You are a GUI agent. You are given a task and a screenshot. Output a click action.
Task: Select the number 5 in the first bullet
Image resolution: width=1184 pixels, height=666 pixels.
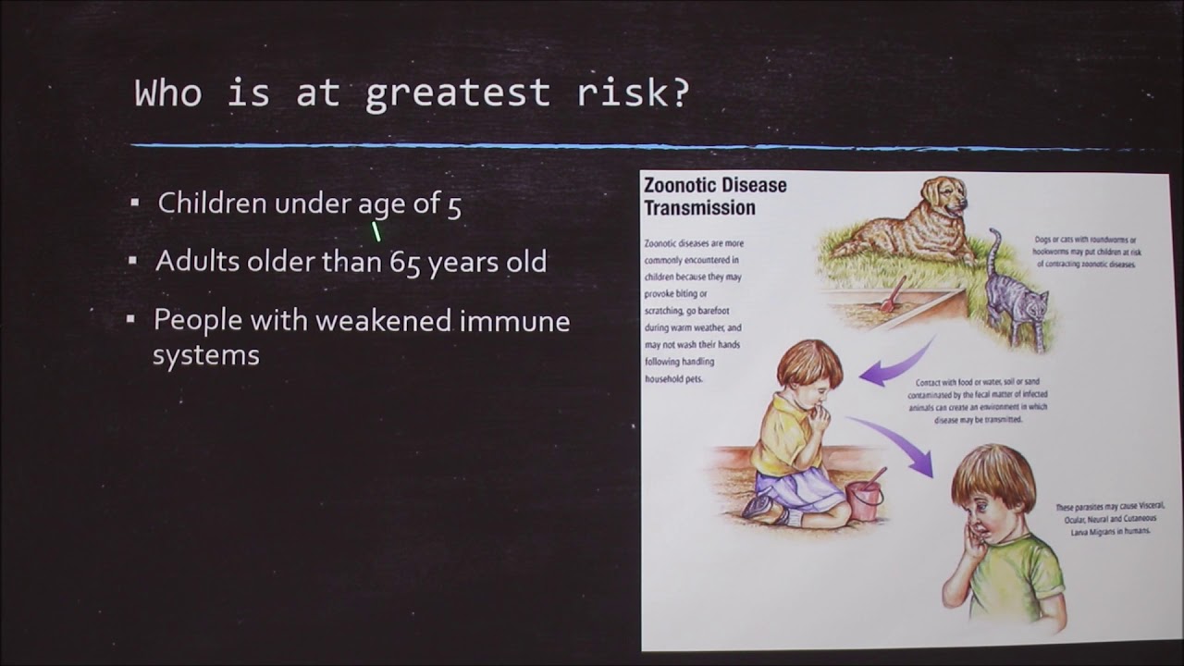tap(453, 204)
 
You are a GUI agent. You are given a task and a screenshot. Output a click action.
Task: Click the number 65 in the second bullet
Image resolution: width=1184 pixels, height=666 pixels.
tap(405, 262)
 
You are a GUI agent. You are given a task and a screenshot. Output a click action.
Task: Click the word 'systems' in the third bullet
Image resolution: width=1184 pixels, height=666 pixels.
tap(205, 355)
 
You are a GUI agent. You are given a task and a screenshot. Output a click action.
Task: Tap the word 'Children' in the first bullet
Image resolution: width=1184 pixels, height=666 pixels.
tap(213, 203)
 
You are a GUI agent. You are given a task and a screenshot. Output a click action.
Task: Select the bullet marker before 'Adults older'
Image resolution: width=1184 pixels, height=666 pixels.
tap(133, 261)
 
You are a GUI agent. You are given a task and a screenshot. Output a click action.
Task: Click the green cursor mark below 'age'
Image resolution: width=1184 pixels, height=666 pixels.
tap(376, 231)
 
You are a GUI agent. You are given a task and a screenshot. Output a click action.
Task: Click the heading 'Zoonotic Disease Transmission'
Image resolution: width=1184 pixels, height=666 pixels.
tap(715, 196)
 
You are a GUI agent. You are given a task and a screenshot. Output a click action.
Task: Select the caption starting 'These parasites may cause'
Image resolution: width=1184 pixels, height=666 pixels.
tap(1109, 519)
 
